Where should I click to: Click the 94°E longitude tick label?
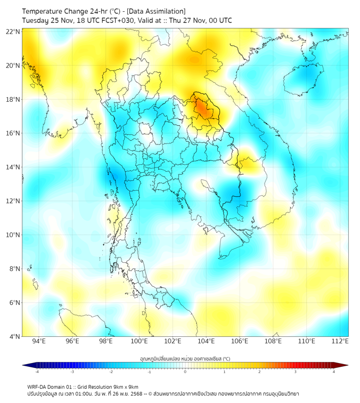click(39, 341)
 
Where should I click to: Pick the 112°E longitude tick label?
click(340, 341)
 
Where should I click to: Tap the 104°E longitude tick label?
click(206, 341)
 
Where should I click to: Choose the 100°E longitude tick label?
click(139, 341)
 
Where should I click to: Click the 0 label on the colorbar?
click(185, 372)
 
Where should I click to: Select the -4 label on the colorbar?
click(36, 372)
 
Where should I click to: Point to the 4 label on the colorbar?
click(334, 372)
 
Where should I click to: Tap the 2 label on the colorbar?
click(259, 372)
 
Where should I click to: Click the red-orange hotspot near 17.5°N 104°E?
click(202, 109)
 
